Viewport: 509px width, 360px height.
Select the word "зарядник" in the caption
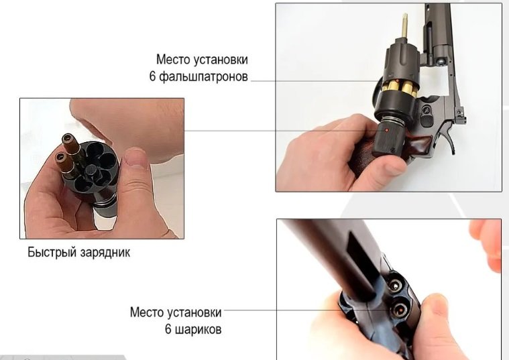point(105,253)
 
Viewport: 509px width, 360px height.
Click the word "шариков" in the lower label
point(199,329)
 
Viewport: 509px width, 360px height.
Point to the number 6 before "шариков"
point(168,329)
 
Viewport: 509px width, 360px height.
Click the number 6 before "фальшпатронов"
point(153,76)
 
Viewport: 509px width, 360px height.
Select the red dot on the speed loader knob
point(386,130)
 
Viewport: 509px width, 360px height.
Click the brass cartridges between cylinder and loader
point(400,88)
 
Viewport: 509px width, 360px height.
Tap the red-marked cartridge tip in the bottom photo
point(400,310)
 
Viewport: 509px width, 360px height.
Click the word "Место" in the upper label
point(173,60)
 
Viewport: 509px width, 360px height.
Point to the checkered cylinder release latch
point(427,121)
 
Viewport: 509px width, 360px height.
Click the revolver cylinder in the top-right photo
point(400,61)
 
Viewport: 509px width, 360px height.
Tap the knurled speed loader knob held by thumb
point(390,137)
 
